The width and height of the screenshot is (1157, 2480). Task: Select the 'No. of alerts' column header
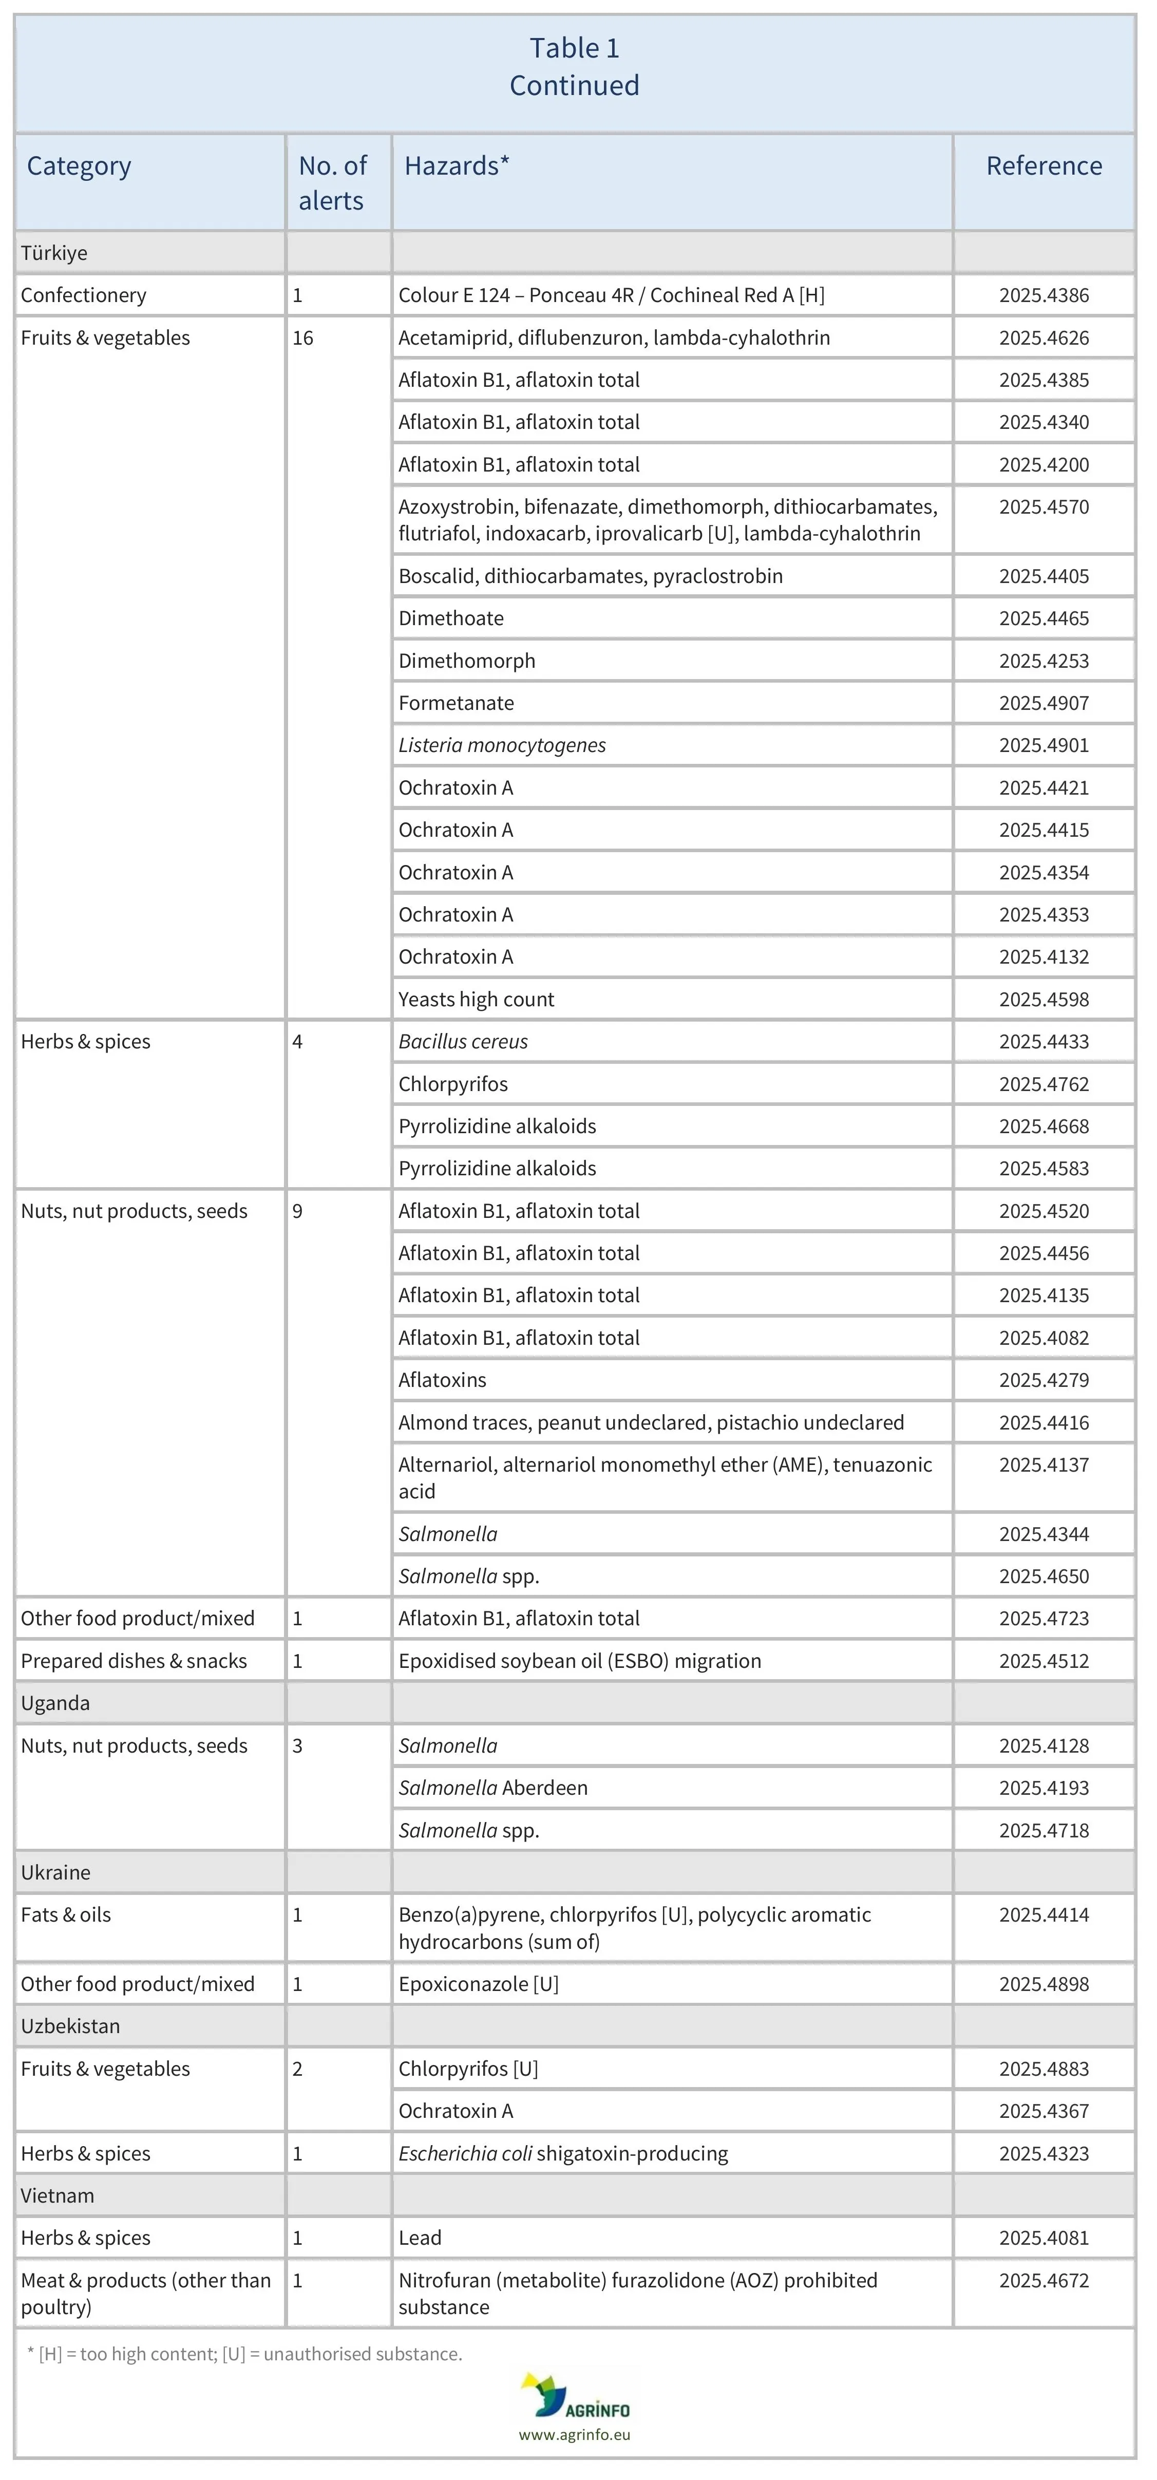click(332, 183)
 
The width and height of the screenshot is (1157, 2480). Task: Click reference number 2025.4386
click(1044, 295)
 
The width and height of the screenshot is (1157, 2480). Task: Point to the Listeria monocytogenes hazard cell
click(502, 745)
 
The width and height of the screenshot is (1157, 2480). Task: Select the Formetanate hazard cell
click(456, 703)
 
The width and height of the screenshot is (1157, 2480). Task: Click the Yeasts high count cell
click(477, 999)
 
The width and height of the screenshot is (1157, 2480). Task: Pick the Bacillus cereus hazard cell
click(463, 1042)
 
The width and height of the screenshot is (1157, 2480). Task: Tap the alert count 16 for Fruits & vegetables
click(303, 338)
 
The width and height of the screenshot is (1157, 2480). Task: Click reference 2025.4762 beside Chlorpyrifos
click(1044, 1084)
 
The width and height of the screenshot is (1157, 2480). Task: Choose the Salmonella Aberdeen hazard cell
click(493, 1788)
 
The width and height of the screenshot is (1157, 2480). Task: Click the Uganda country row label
click(55, 1703)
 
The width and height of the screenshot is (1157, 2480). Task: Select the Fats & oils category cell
click(65, 1915)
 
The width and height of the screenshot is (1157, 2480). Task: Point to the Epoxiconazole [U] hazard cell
click(479, 1984)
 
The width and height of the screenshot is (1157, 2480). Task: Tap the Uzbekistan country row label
click(70, 2026)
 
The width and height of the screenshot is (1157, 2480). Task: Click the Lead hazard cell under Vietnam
click(420, 2239)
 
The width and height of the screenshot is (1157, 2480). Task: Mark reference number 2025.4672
click(1044, 2281)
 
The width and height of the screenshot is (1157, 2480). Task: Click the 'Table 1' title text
click(575, 48)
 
